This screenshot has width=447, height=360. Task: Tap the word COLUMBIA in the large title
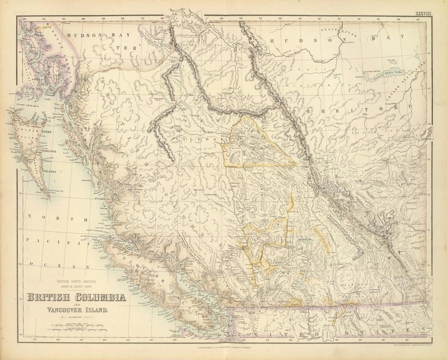[101, 297]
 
